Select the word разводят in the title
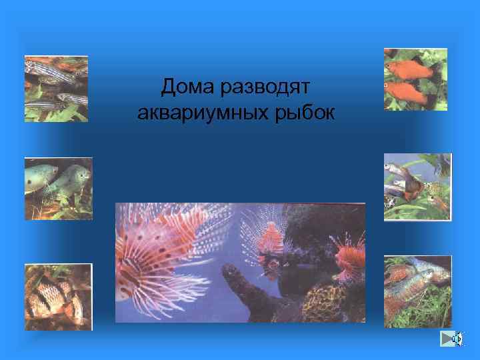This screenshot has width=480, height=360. pyautogui.click(x=268, y=86)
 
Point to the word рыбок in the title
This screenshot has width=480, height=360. pyautogui.click(x=309, y=113)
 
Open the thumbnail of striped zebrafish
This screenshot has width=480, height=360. pyautogui.click(x=56, y=89)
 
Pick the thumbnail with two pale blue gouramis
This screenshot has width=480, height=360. pyautogui.click(x=57, y=189)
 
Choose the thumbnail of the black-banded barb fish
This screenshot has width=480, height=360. pyautogui.click(x=58, y=297)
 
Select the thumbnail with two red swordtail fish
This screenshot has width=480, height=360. pyautogui.click(x=415, y=79)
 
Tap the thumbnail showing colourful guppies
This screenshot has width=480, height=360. pyautogui.click(x=417, y=187)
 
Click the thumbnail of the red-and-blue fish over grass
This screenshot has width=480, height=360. pyautogui.click(x=417, y=291)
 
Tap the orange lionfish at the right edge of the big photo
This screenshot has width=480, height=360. pyautogui.click(x=350, y=257)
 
